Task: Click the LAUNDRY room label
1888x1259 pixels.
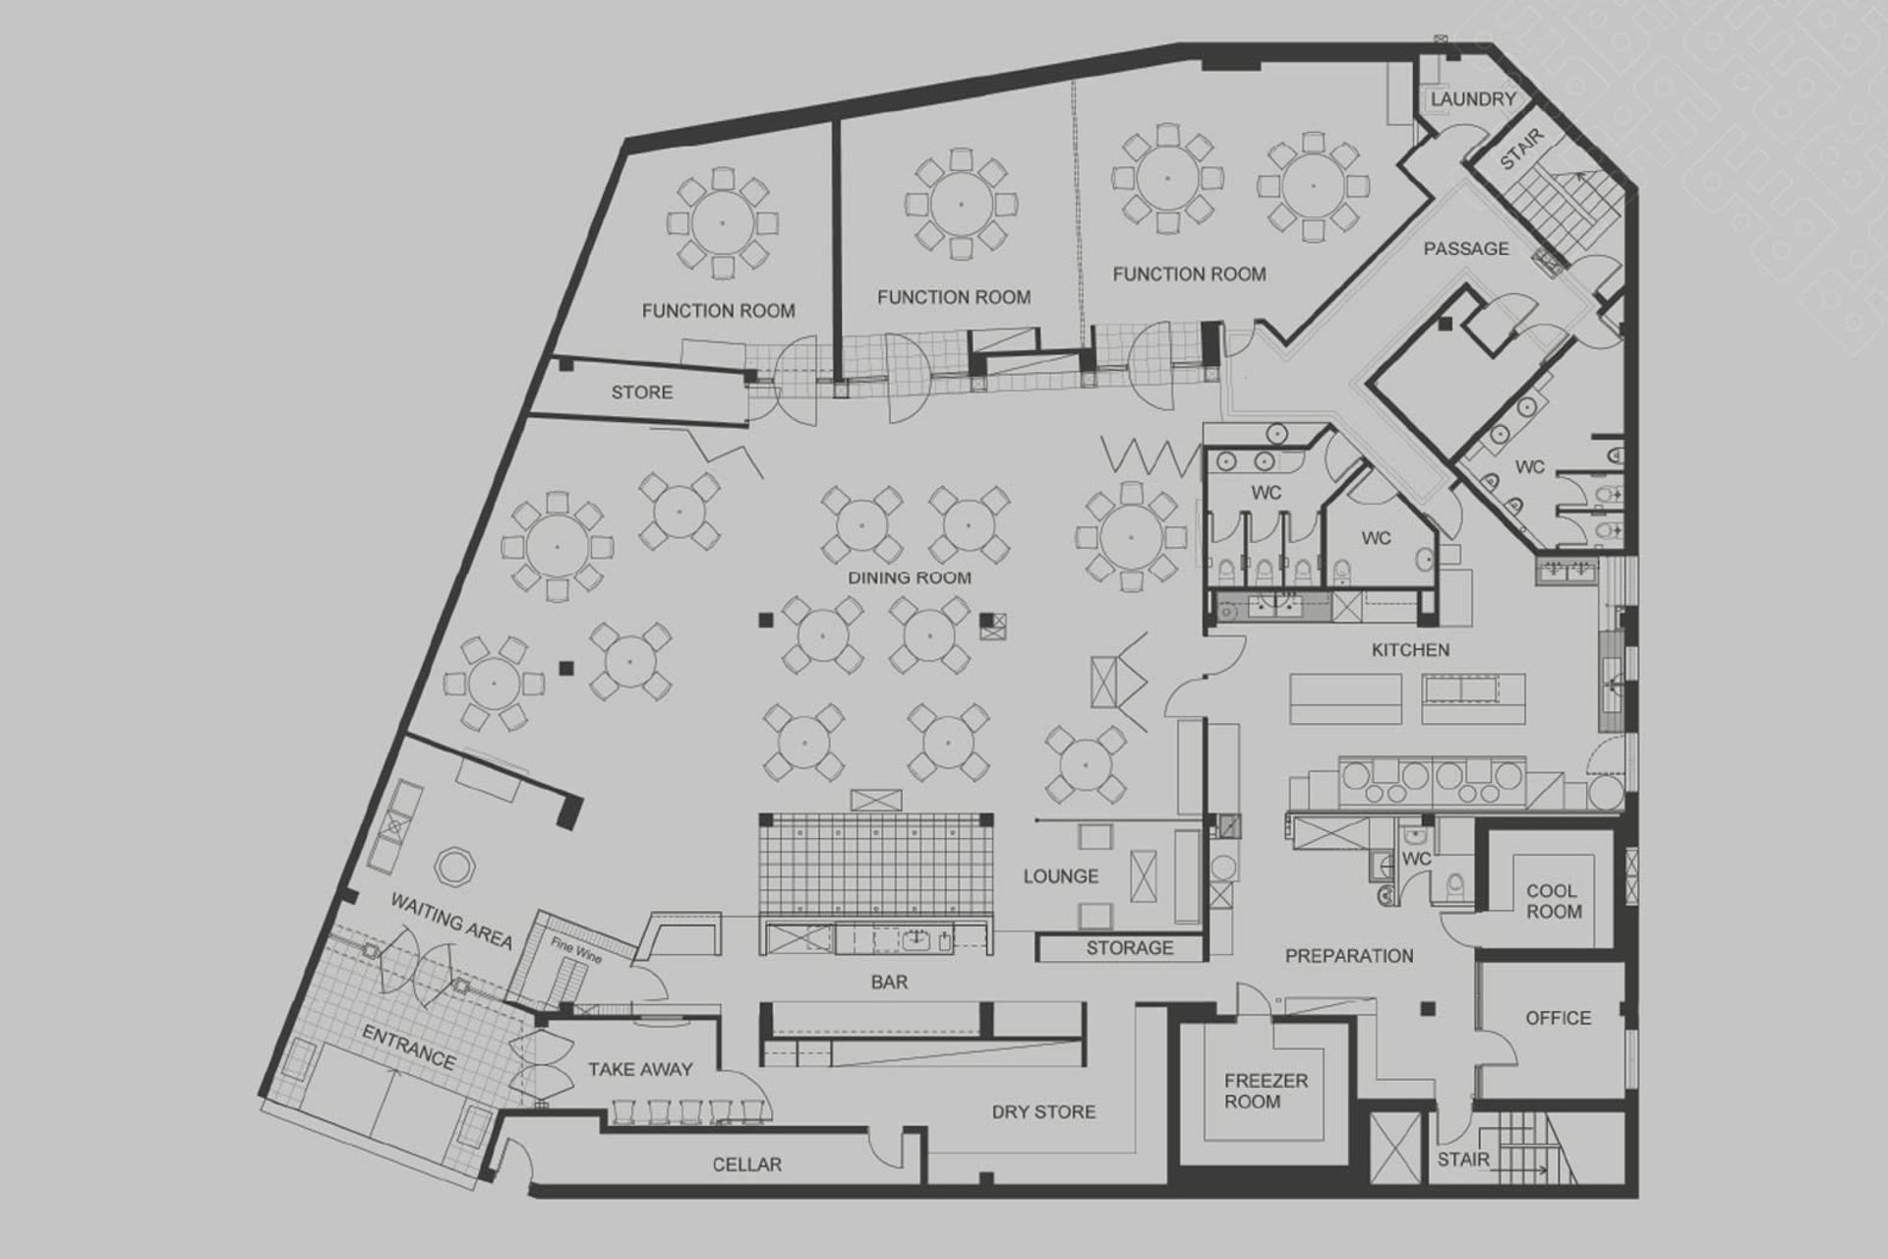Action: (1472, 99)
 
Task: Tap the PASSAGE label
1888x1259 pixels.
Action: (1465, 249)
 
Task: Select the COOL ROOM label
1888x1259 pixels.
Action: (1554, 901)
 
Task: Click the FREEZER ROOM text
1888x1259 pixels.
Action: (1266, 1091)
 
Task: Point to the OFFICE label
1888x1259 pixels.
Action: (1558, 1018)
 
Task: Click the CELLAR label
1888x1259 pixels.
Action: (746, 1165)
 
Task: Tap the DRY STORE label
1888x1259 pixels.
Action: (1042, 1111)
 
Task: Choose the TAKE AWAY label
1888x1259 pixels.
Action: (640, 1069)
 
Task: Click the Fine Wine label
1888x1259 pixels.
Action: (575, 951)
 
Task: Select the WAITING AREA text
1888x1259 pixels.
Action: (451, 921)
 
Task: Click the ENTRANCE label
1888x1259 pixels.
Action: (408, 1048)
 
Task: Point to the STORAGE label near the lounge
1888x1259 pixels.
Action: (1129, 948)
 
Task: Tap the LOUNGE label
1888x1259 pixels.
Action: (1060, 875)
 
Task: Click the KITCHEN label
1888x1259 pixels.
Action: (1410, 649)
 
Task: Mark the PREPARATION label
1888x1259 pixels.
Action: (1349, 956)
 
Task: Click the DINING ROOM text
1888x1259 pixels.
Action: (910, 577)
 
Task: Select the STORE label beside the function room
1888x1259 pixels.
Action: (641, 392)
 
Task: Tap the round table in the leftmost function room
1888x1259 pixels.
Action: (722, 222)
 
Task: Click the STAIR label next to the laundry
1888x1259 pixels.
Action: (1521, 149)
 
